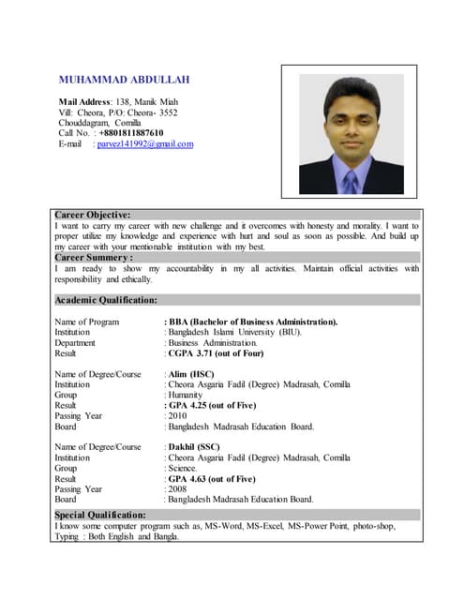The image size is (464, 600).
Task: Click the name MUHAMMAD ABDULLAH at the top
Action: [x=126, y=80]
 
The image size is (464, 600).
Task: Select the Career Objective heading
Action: [x=93, y=215]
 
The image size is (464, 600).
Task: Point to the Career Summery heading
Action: [x=94, y=257]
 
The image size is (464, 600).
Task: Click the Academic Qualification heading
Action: [x=106, y=300]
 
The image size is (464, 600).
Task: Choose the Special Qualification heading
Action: [x=100, y=515]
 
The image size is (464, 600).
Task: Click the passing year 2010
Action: [x=177, y=415]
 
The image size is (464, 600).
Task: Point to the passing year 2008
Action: [x=177, y=488]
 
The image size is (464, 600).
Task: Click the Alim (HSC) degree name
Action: [x=192, y=374]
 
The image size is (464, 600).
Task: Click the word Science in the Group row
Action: [x=185, y=468]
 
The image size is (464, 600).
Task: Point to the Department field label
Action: [x=75, y=343]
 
